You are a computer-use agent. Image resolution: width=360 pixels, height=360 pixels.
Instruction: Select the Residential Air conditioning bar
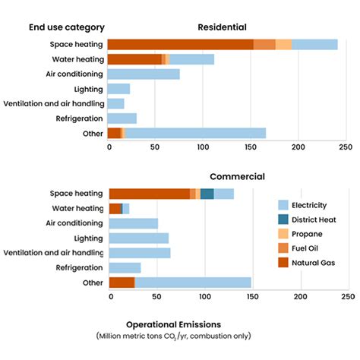pyautogui.click(x=144, y=74)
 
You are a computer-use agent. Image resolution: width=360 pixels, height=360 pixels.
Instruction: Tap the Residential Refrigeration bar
pyautogui.click(x=122, y=118)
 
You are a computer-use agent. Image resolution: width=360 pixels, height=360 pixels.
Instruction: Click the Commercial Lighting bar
pyautogui.click(x=139, y=238)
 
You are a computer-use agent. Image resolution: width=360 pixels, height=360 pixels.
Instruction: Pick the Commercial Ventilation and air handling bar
pyautogui.click(x=140, y=253)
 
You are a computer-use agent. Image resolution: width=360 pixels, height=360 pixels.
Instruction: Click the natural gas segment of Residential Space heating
pyautogui.click(x=180, y=45)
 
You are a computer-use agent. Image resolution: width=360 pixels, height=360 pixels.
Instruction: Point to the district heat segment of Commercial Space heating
pyautogui.click(x=207, y=194)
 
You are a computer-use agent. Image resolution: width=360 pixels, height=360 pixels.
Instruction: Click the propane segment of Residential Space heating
pyautogui.click(x=283, y=45)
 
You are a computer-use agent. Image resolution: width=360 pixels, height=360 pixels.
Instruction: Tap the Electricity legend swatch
pyautogui.click(x=283, y=205)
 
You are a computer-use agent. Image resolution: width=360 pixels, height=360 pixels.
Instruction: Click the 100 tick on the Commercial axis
pyautogui.click(x=205, y=296)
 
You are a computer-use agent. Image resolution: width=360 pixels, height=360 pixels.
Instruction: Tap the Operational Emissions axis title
pyautogui.click(x=173, y=322)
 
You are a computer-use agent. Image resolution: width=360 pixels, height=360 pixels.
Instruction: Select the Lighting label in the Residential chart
pyautogui.click(x=88, y=89)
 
